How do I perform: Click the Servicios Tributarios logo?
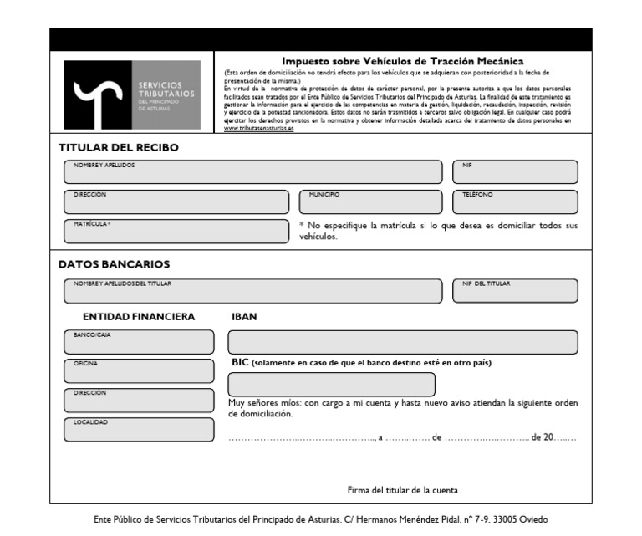tap(132, 94)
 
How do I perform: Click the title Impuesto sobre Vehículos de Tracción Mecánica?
tap(402, 61)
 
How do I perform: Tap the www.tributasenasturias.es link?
tap(259, 129)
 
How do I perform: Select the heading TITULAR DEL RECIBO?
tap(118, 148)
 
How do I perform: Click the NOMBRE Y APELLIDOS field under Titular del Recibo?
tap(252, 172)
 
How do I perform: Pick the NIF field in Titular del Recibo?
tap(514, 172)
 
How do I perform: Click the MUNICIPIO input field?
tap(373, 202)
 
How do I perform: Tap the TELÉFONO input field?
tap(514, 202)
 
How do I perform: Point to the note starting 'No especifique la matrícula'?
tap(438, 231)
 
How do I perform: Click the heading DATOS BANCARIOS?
tap(114, 264)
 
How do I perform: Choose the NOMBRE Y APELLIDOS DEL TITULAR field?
tap(252, 290)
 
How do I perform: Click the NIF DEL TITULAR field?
tap(514, 290)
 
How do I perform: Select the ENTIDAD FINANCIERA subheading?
tap(139, 317)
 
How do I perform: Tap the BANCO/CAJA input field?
tap(138, 342)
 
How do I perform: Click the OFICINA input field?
tap(138, 371)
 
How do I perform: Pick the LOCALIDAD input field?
tap(138, 430)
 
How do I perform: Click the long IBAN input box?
tap(402, 342)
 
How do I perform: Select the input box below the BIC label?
tap(331, 385)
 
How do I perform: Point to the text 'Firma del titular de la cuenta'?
tap(402, 490)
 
